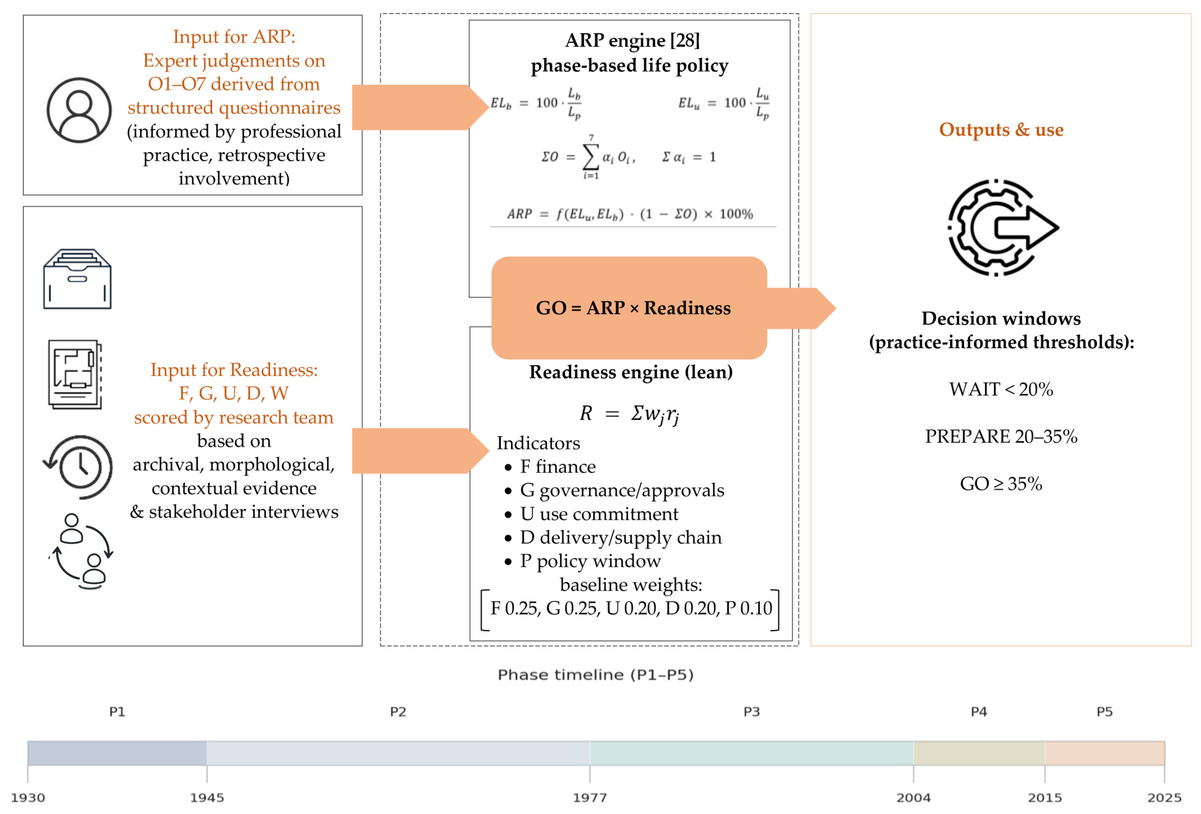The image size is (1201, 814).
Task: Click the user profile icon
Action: (79, 110)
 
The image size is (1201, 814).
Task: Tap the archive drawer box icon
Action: (77, 279)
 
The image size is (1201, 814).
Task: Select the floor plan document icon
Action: (75, 374)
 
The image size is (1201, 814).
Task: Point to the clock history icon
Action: (79, 467)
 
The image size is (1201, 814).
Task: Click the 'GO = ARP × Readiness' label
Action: (633, 308)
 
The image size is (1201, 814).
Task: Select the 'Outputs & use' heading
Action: (1001, 130)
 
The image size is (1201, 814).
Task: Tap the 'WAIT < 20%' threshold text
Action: (1001, 389)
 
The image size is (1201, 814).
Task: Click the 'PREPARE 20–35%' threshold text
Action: (1001, 437)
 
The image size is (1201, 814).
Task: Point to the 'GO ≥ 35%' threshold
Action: (1001, 484)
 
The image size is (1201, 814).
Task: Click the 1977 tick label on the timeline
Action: (590, 798)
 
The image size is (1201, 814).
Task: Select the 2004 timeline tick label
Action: (913, 798)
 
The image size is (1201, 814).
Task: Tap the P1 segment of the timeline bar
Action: (117, 753)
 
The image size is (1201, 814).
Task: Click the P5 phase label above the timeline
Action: (1104, 712)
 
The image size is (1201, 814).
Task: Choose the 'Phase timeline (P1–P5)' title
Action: (595, 674)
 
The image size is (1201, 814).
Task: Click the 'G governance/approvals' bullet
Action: (622, 490)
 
